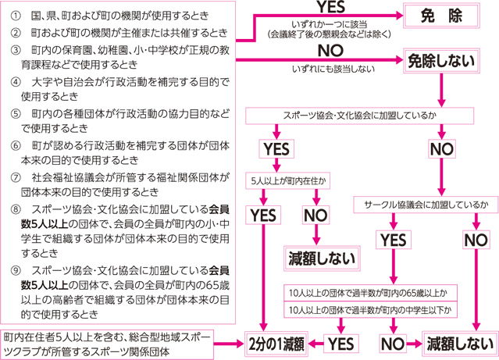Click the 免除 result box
click(x=441, y=16)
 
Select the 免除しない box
click(x=441, y=61)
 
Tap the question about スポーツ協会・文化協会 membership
click(x=360, y=116)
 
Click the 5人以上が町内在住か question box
click(x=287, y=181)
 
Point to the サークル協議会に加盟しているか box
click(x=426, y=205)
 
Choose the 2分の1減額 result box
click(x=276, y=344)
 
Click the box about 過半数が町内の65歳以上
click(x=370, y=293)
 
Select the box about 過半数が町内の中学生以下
click(x=370, y=309)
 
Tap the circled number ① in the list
click(x=15, y=16)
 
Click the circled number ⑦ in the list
click(x=15, y=177)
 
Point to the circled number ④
click(x=15, y=82)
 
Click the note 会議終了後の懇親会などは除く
click(x=330, y=34)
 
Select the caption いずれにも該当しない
click(x=333, y=69)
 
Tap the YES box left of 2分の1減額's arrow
click(x=340, y=344)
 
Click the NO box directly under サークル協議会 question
click(x=476, y=240)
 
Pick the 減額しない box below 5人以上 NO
click(x=322, y=258)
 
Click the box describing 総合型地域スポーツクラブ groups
click(x=107, y=344)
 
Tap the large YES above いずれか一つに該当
click(x=331, y=7)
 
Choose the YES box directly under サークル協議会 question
click(x=394, y=240)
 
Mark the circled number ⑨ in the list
click(x=15, y=270)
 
